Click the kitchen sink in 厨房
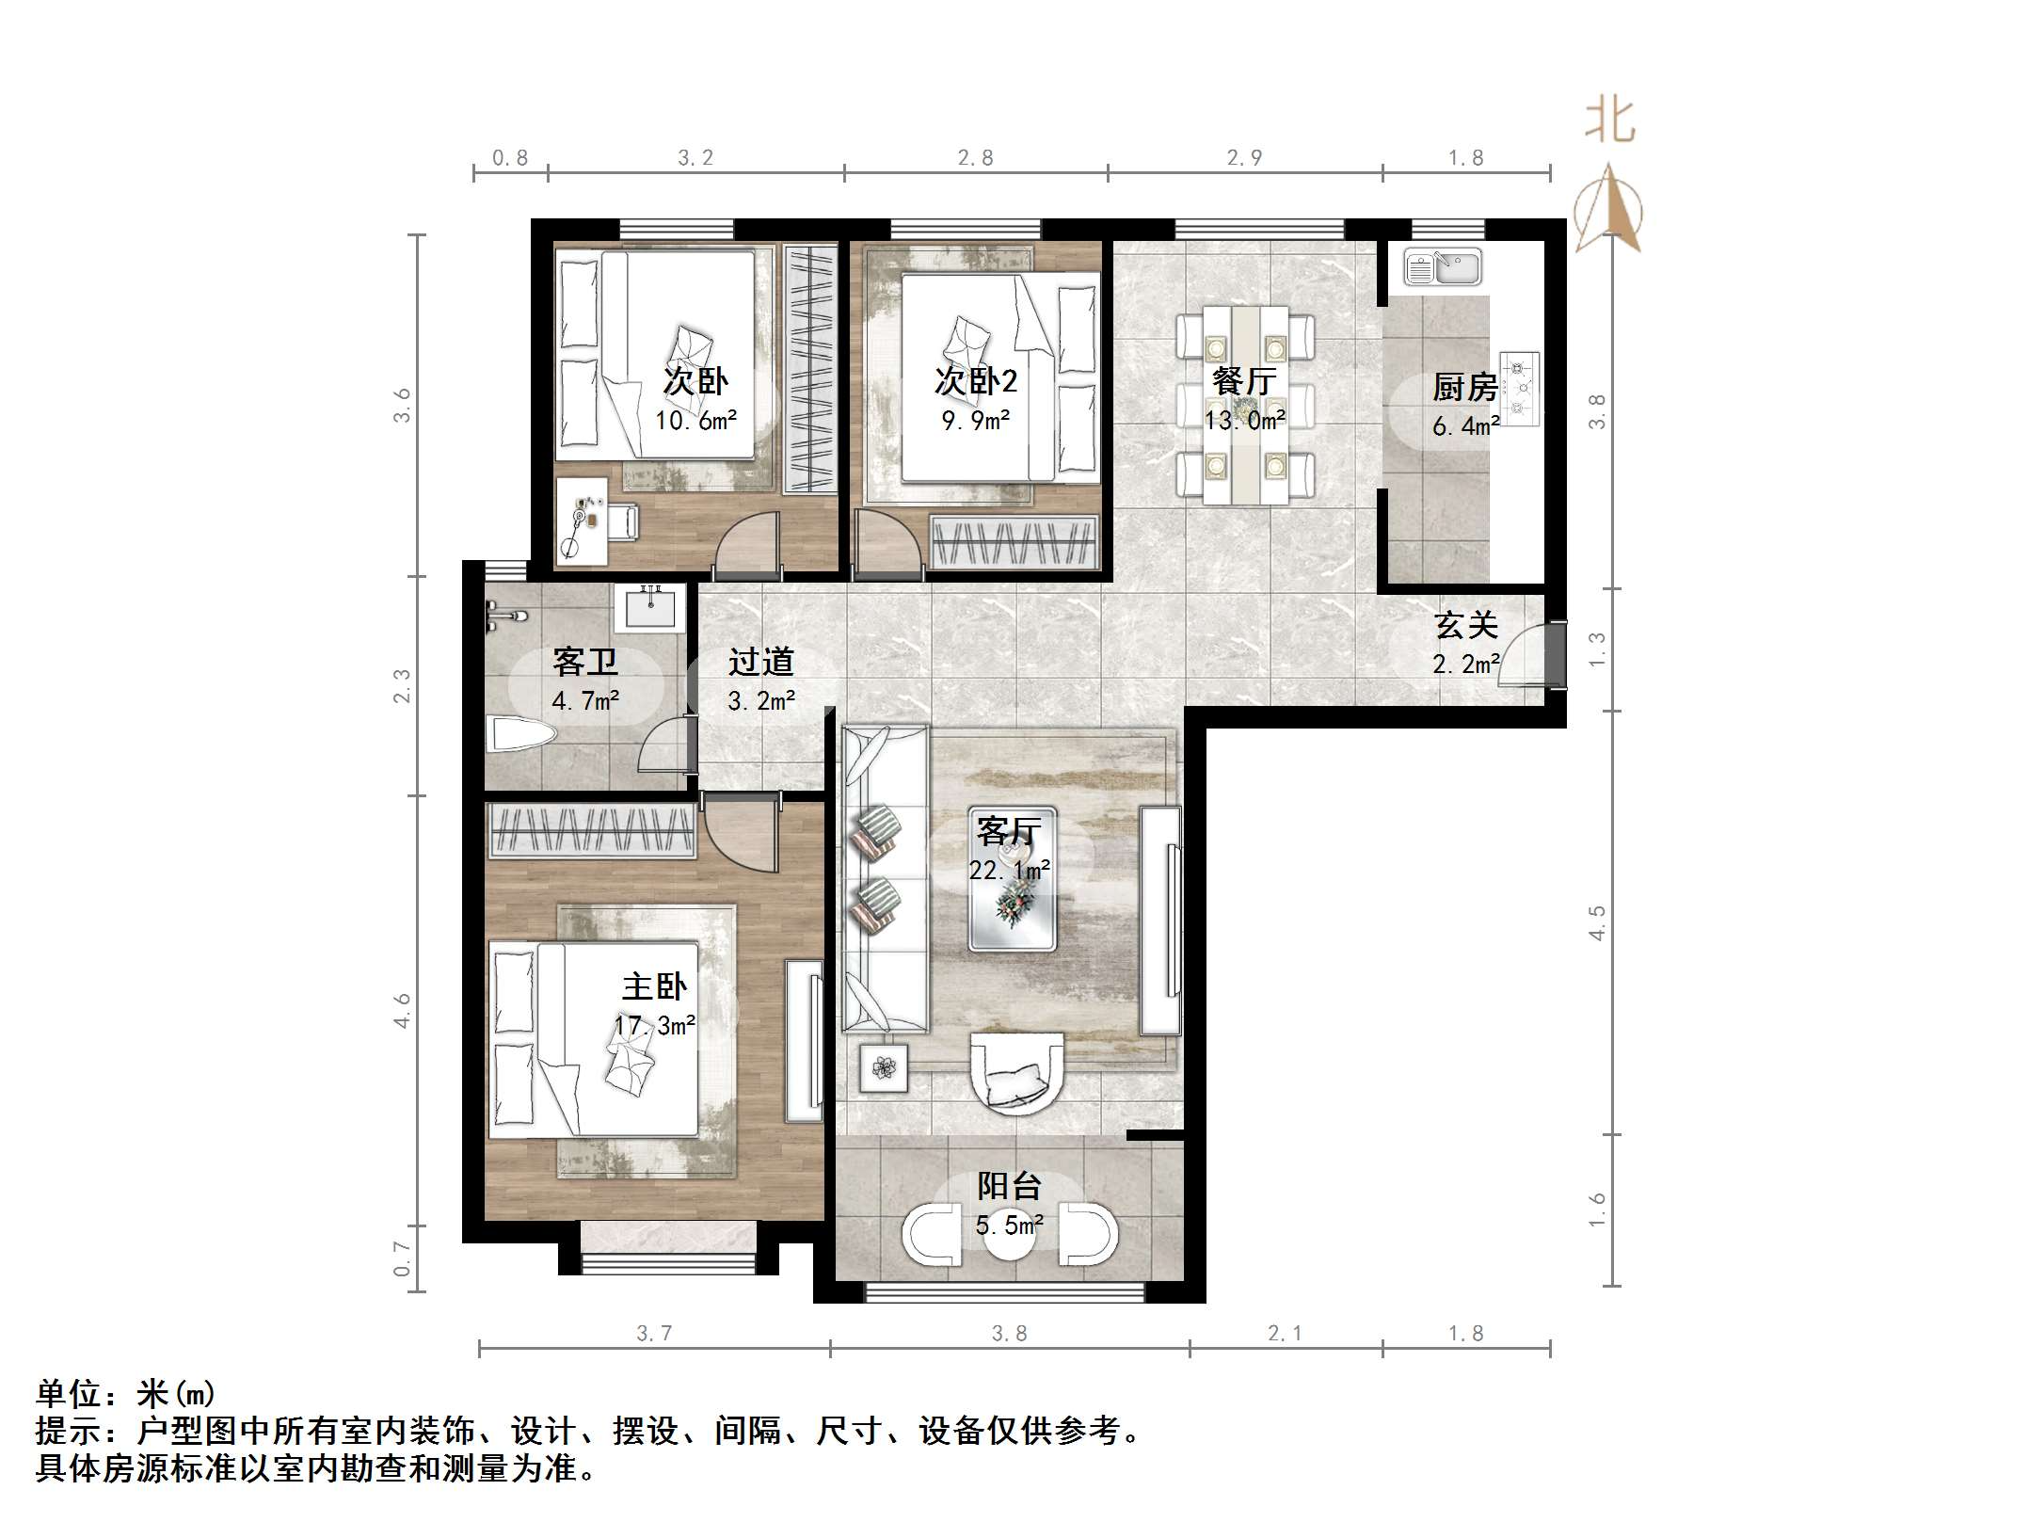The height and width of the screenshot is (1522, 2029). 1442,266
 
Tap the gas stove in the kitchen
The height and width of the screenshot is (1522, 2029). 1519,388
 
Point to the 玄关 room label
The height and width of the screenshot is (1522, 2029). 1465,625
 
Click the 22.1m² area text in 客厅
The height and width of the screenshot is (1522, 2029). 1009,871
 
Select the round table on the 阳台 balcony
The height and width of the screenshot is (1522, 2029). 1010,1235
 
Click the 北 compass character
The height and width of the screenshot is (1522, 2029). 1610,121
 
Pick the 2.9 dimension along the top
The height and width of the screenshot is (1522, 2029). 1244,158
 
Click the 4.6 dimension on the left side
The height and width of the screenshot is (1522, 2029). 403,1010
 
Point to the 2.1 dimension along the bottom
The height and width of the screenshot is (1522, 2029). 1285,1334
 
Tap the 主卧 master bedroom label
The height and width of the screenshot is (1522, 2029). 654,986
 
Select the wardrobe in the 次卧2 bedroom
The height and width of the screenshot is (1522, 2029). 1014,542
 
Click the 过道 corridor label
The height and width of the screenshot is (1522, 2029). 760,663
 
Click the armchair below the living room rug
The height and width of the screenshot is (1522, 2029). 1016,1073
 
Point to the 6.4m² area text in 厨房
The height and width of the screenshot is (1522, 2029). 1465,426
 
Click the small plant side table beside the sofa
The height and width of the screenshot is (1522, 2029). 884,1067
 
